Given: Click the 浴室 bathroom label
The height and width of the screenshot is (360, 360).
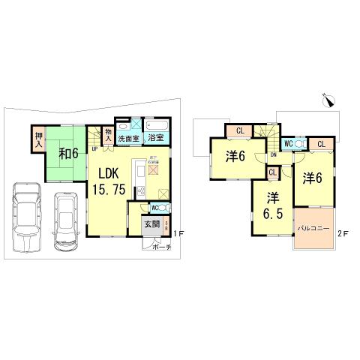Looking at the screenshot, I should click(x=156, y=138).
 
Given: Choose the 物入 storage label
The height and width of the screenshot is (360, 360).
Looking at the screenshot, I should click(x=108, y=136).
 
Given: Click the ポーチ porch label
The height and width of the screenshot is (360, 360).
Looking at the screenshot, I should click(x=160, y=247).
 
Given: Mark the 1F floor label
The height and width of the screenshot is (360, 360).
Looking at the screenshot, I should click(x=178, y=235).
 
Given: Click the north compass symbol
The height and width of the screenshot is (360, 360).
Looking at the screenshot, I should click(x=328, y=100).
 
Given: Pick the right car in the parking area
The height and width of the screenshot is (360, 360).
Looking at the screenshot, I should click(x=67, y=220).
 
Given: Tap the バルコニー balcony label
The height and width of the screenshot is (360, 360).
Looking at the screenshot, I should click(x=313, y=227).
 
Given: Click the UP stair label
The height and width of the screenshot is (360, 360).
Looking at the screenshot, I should click(x=94, y=148).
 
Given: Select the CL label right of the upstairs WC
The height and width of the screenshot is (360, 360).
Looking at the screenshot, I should click(x=320, y=145).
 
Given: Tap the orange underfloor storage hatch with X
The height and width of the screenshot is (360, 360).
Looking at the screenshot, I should click(x=154, y=170).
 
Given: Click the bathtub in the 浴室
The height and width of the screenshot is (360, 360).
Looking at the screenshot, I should click(x=157, y=125).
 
